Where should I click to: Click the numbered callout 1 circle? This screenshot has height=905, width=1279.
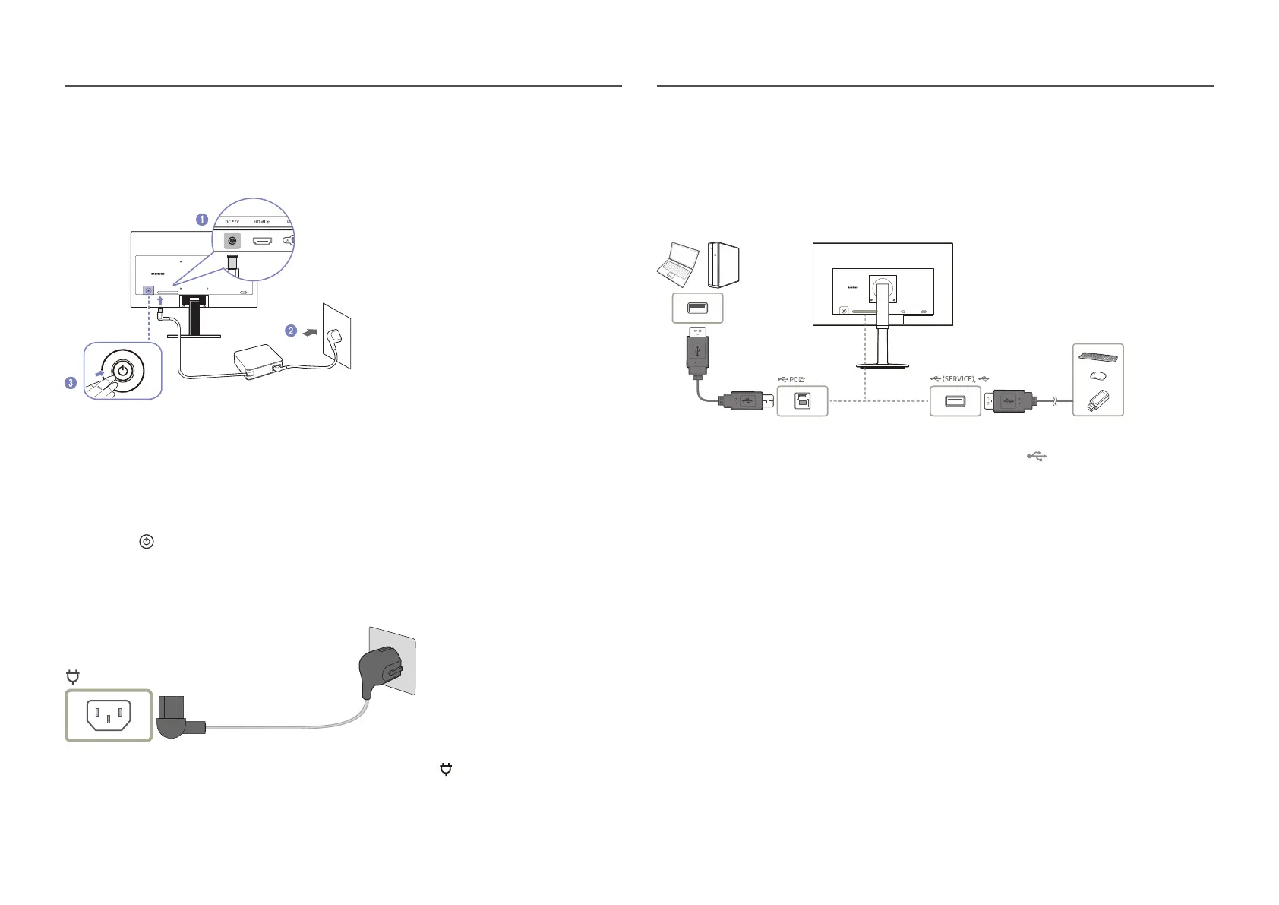pyautogui.click(x=202, y=220)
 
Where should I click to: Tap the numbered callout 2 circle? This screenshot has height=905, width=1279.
pyautogui.click(x=291, y=331)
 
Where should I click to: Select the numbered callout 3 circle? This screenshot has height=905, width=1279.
pyautogui.click(x=71, y=383)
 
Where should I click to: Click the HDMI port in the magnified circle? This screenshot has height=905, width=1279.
pyautogui.click(x=262, y=241)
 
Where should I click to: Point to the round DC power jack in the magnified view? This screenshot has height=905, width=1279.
pyautogui.click(x=232, y=241)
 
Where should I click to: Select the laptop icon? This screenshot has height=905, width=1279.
pyautogui.click(x=676, y=264)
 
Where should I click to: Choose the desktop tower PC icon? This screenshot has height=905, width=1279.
pyautogui.click(x=723, y=264)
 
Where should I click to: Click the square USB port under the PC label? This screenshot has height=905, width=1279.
pyautogui.click(x=802, y=401)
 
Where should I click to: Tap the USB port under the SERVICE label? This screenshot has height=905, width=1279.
pyautogui.click(x=955, y=401)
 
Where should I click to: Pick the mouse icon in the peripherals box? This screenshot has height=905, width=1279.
pyautogui.click(x=1097, y=375)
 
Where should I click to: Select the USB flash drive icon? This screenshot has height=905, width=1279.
pyautogui.click(x=1097, y=400)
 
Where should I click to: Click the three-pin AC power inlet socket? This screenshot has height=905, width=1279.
pyautogui.click(x=109, y=715)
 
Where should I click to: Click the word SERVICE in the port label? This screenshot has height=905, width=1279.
pyautogui.click(x=958, y=378)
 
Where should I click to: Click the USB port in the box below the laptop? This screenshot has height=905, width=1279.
pyautogui.click(x=698, y=309)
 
